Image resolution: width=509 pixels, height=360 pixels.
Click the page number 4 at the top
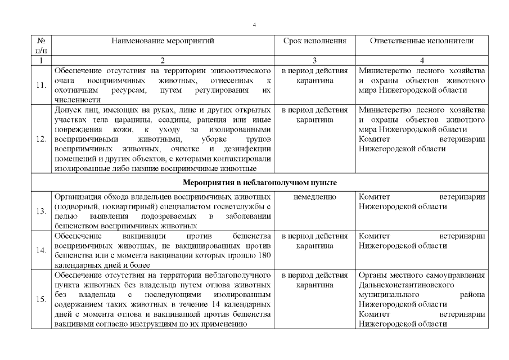[x=254, y=25]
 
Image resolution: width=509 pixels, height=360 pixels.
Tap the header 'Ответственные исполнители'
[x=421, y=41]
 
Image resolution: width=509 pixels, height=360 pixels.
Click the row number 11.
[x=41, y=85]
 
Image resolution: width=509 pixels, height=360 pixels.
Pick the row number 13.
[x=41, y=211]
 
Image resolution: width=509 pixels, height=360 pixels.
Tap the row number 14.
[x=41, y=250]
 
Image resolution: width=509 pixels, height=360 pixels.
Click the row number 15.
[x=41, y=299]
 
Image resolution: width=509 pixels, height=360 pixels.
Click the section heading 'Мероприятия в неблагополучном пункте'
[x=260, y=183]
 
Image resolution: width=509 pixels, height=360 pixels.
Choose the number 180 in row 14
[x=266, y=255]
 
